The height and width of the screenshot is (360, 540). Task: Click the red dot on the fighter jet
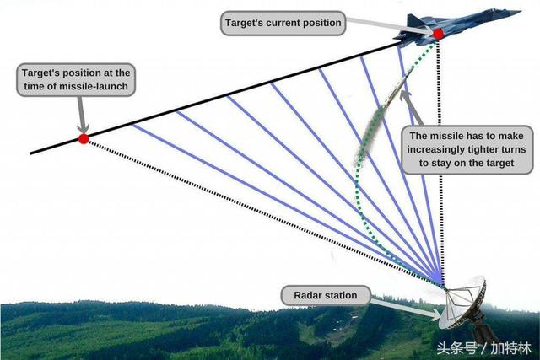pyautogui.click(x=438, y=34)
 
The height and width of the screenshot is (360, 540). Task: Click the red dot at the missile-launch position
pyautogui.click(x=84, y=139)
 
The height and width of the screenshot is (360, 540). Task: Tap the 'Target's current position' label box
pyautogui.click(x=283, y=23)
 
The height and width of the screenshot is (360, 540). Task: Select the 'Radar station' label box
pyautogui.click(x=326, y=295)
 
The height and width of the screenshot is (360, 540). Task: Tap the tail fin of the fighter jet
pyautogui.click(x=413, y=20)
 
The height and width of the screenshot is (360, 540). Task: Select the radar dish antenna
pyautogui.click(x=462, y=303)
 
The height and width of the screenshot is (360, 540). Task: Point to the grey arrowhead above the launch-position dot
pyautogui.click(x=83, y=127)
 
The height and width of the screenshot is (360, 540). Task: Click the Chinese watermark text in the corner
pyautogui.click(x=483, y=348)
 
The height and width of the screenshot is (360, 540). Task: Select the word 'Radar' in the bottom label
pyautogui.click(x=306, y=295)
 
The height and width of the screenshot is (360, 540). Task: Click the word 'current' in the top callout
pyautogui.click(x=281, y=23)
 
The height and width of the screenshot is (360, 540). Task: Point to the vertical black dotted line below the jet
pyautogui.click(x=440, y=162)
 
